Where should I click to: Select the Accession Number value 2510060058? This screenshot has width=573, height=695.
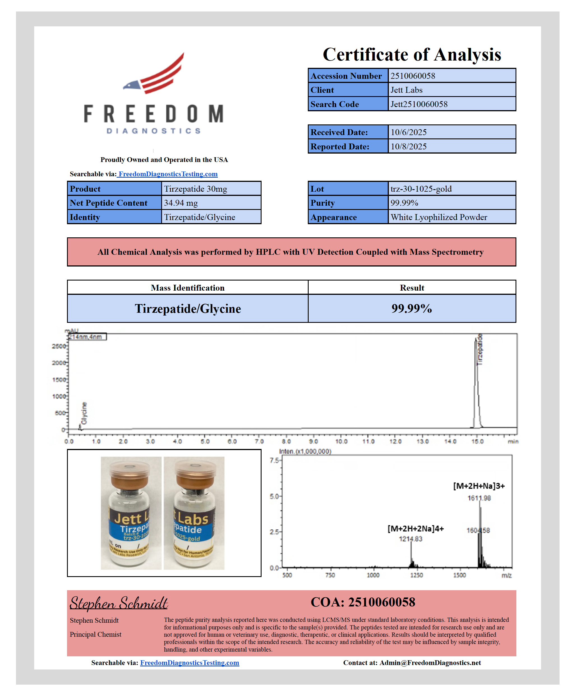point(413,76)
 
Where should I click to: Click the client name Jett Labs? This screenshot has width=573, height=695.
point(406,90)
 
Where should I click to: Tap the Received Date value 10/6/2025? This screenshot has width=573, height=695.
point(409,132)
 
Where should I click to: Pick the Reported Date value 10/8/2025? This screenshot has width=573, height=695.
point(409,147)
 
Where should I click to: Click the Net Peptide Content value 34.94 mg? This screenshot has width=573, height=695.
point(181,203)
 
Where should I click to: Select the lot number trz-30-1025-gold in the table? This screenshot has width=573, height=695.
point(421,189)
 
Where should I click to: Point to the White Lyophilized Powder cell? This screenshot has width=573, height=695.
point(439,217)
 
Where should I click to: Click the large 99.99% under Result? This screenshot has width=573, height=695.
point(412,309)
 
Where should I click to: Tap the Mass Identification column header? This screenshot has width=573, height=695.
point(188,288)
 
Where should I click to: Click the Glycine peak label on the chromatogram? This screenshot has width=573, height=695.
point(84,413)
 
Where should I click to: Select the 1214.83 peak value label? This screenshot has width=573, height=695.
point(410,539)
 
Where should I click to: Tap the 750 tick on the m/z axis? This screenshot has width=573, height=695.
point(330,575)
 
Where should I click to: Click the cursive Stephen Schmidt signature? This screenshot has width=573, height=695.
point(119,603)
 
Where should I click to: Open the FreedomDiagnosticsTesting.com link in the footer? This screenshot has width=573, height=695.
point(190,663)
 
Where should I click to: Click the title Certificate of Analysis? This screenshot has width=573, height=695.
point(412,54)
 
